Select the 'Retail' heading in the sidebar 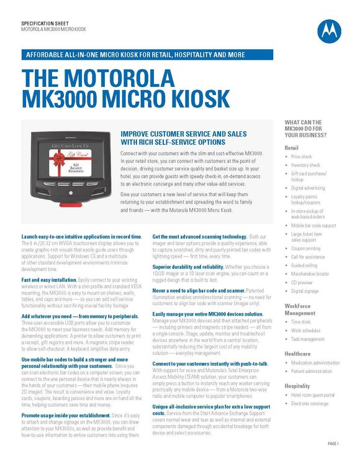click(x=291, y=148)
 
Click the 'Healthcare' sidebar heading click(x=297, y=353)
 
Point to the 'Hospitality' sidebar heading click(x=297, y=385)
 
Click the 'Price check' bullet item click(x=302, y=157)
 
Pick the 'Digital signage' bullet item click(x=305, y=291)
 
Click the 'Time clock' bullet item click(x=301, y=322)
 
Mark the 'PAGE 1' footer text click(x=333, y=444)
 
